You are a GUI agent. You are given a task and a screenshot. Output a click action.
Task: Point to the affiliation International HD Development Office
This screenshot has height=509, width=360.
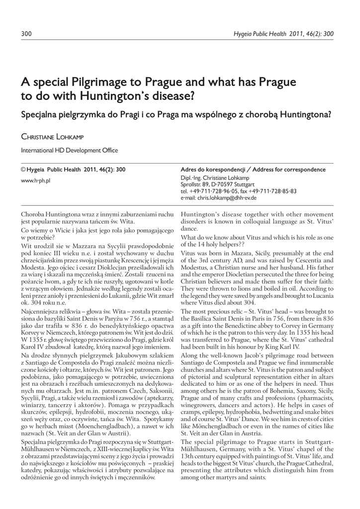click(69, 150)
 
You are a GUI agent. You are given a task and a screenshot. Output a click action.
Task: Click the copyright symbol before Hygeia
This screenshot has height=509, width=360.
click(23, 170)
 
